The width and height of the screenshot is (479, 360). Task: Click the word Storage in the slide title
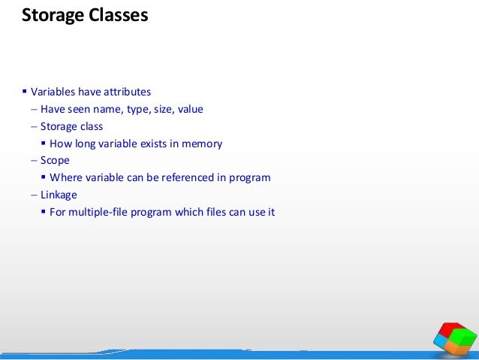pyautogui.click(x=50, y=15)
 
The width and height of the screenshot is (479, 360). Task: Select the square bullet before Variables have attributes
pyautogui.click(x=24, y=92)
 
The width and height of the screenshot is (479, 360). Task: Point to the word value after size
pyautogui.click(x=190, y=109)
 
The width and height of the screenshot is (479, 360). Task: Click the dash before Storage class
pyautogui.click(x=34, y=126)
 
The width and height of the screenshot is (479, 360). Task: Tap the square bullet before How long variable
pyautogui.click(x=44, y=144)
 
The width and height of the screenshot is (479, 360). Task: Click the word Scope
pyautogui.click(x=55, y=161)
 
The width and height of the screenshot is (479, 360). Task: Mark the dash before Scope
pyautogui.click(x=34, y=161)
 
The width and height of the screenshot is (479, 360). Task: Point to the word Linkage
pyautogui.click(x=59, y=195)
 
